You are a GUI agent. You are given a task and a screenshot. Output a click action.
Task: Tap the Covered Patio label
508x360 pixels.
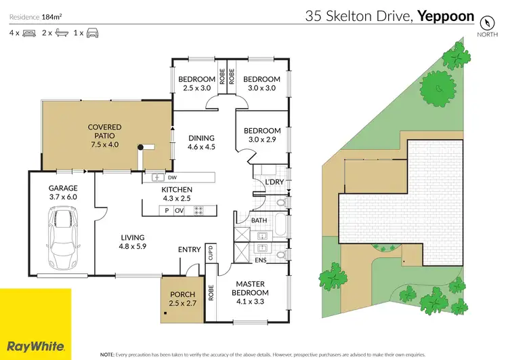tap(104, 136)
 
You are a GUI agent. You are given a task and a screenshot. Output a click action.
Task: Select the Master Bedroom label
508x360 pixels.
tap(251, 288)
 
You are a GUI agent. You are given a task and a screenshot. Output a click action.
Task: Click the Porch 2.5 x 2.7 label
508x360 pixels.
tap(182, 299)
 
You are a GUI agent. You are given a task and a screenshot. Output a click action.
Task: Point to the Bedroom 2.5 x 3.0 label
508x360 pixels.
tap(196, 83)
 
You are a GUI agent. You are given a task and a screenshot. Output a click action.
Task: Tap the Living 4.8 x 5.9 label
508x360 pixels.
tap(133, 242)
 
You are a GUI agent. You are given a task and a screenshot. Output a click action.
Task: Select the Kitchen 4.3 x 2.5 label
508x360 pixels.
tap(177, 194)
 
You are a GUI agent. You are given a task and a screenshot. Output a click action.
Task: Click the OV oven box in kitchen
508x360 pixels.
tap(180, 211)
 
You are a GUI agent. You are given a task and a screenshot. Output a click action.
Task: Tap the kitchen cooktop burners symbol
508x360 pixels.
tap(199, 211)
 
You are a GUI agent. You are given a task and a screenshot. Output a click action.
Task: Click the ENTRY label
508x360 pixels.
tap(190, 249)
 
